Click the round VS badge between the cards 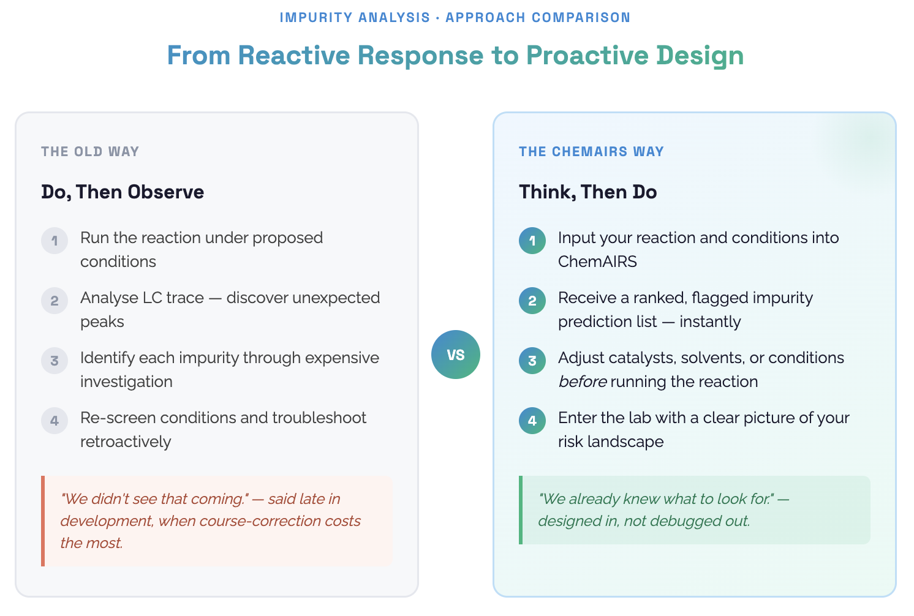pyautogui.click(x=455, y=355)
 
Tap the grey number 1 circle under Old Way pyautogui.click(x=55, y=241)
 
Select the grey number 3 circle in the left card pyautogui.click(x=55, y=361)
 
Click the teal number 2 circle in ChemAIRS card pyautogui.click(x=532, y=301)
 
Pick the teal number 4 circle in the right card pyautogui.click(x=532, y=421)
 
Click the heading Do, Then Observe pyautogui.click(x=123, y=192)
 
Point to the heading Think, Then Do pyautogui.click(x=587, y=192)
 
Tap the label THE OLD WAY pyautogui.click(x=90, y=152)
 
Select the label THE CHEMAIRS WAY pyautogui.click(x=591, y=152)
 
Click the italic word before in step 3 pyautogui.click(x=582, y=382)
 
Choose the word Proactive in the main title pyautogui.click(x=587, y=56)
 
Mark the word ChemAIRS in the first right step pyautogui.click(x=597, y=262)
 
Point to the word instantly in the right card pyautogui.click(x=710, y=322)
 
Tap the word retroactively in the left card pyautogui.click(x=126, y=442)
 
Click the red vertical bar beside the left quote pyautogui.click(x=43, y=521)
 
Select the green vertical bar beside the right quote pyautogui.click(x=521, y=510)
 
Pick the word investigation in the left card pyautogui.click(x=126, y=382)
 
